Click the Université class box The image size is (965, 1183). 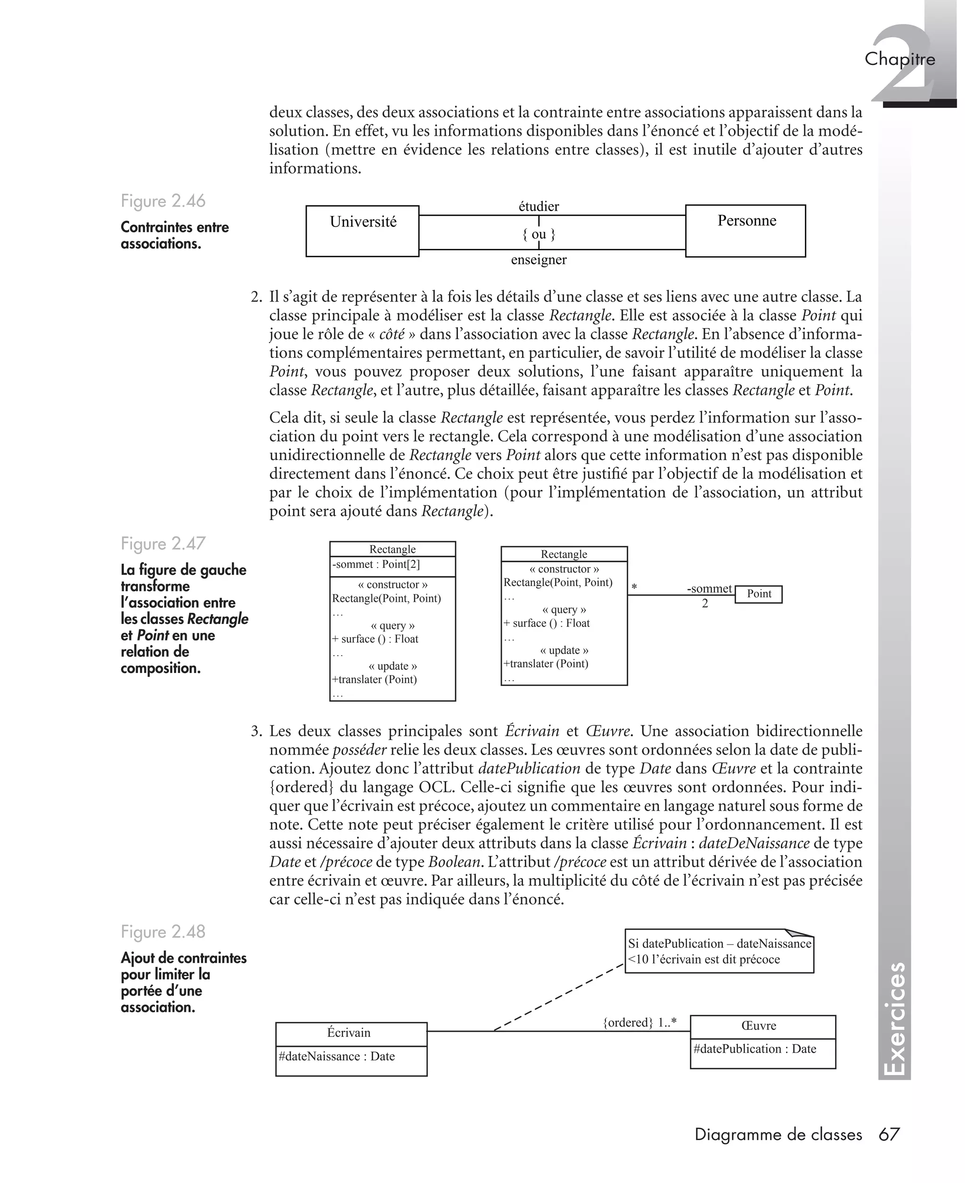362,230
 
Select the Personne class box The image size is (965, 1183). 745,230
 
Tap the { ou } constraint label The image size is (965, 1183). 538,234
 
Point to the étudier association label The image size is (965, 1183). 538,206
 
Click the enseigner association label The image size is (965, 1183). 538,260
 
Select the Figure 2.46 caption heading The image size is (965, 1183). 163,201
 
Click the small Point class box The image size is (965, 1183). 758,594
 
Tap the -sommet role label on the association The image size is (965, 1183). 709,588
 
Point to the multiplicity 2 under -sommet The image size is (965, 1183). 705,604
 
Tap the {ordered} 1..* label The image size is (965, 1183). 639,1022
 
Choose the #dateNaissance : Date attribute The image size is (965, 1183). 336,1056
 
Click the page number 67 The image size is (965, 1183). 888,1134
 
